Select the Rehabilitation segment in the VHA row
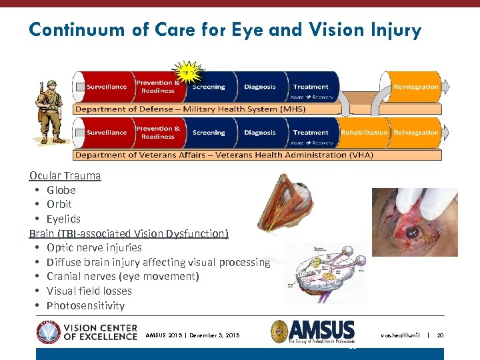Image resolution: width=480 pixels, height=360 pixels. (364, 133)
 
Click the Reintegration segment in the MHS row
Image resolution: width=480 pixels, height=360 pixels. (416, 87)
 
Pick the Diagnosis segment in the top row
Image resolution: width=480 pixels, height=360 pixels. (260, 87)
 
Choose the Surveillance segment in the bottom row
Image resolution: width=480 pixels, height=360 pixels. (107, 133)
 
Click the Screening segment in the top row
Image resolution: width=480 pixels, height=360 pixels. (209, 87)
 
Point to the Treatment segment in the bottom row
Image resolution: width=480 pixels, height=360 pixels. (311, 133)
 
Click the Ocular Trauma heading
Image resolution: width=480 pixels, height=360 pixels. (65, 176)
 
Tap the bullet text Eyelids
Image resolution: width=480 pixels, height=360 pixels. (63, 219)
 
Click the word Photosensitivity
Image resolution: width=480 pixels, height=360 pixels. (85, 305)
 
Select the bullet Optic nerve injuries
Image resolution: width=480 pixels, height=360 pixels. (94, 247)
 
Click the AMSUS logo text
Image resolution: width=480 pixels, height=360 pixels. (321, 331)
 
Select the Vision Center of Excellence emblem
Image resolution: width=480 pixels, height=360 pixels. (48, 331)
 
